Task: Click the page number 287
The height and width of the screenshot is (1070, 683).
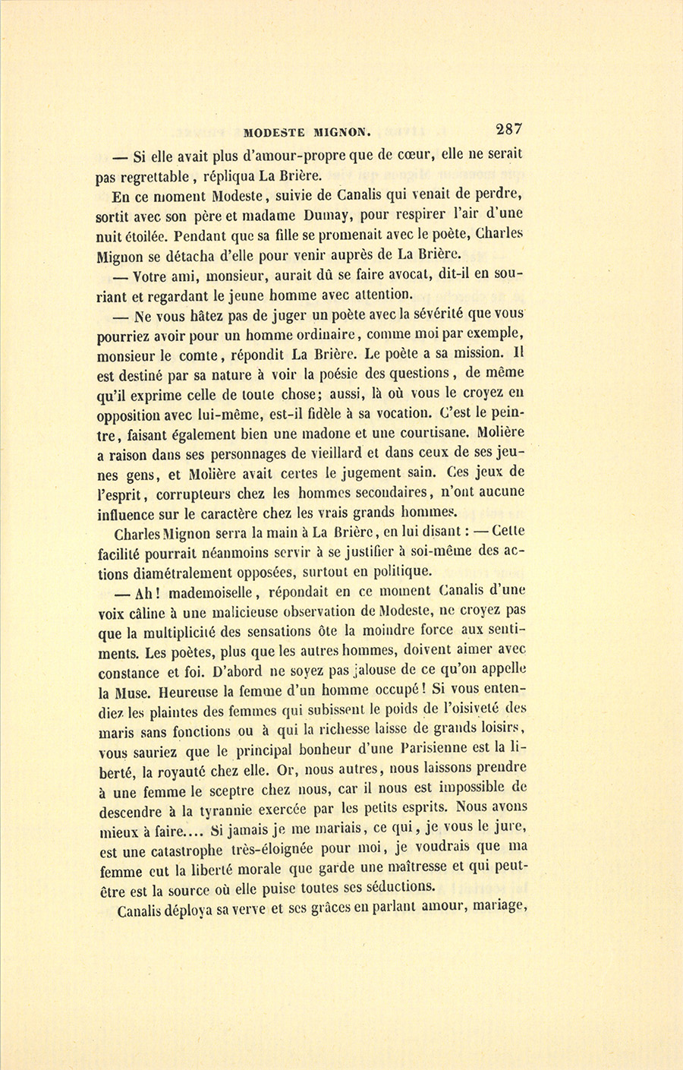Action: click(508, 129)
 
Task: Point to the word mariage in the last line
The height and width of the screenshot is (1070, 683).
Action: click(499, 906)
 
